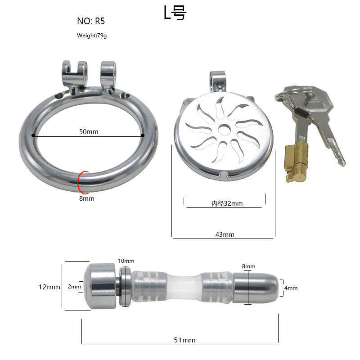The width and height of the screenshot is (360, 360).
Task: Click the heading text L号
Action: coord(175,13)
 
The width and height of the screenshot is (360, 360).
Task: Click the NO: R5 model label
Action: coord(91,21)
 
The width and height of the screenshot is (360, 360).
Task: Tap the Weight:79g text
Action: coord(92,36)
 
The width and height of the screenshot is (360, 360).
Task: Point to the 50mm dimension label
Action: coord(89,131)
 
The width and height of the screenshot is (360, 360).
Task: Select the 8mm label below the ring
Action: coord(86,198)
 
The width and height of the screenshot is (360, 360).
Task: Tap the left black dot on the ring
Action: coord(33,135)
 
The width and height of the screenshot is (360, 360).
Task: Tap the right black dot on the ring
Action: coord(143,135)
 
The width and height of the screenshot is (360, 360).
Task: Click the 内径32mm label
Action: coord(227,203)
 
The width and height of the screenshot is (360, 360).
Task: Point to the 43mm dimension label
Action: coord(225,234)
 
